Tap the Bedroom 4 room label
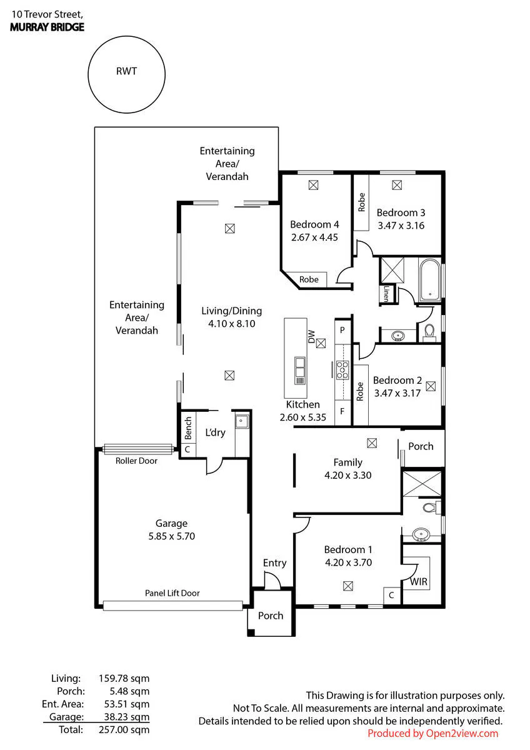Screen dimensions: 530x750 coord(314,224)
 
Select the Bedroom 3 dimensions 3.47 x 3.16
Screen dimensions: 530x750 coord(401,226)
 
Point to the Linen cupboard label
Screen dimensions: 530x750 coord(386,294)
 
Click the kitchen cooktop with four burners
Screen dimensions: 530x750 coord(342,370)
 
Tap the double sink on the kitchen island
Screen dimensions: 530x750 coord(299,371)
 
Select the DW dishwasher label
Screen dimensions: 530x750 coord(311,336)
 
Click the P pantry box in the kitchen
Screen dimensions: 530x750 coord(342,330)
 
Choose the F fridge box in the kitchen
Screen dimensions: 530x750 coord(342,411)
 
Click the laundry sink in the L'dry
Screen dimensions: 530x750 coord(241,421)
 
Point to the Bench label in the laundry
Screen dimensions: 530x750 coord(188,428)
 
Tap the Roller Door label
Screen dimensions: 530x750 coord(136,461)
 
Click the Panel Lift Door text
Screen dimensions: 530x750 coord(172,593)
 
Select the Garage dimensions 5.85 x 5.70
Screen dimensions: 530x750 coord(172,536)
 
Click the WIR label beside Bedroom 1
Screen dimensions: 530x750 coord(419,582)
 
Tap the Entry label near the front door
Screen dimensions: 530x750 coord(274,563)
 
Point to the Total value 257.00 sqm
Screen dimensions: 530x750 coord(124,729)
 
